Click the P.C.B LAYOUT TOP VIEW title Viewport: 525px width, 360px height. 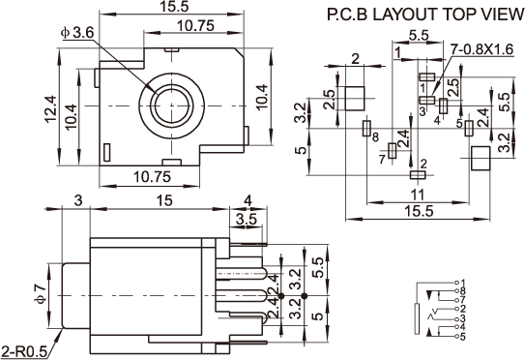click(425, 15)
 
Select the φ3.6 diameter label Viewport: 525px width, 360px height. click(77, 33)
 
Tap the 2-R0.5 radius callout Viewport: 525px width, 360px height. click(24, 352)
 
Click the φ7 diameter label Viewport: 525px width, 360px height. click(41, 294)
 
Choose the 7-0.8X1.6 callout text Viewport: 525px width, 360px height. click(481, 49)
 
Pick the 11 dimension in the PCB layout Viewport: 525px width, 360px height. click(417, 195)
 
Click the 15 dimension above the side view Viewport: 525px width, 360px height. click(164, 200)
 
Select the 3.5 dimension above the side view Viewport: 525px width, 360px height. click(247, 220)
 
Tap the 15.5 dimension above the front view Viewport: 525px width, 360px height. click(174, 8)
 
